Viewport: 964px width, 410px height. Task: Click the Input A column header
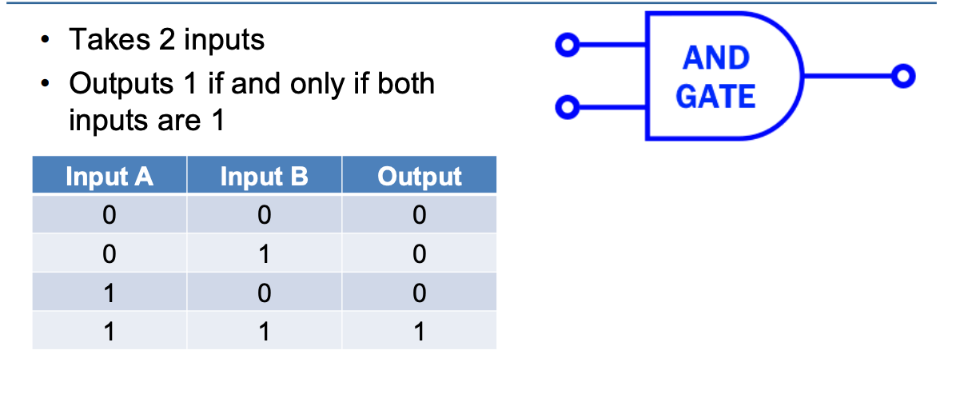tap(110, 176)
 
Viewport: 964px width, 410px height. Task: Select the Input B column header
tap(264, 176)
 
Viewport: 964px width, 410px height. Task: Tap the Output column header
tap(419, 176)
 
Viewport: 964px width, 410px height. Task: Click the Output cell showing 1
tap(419, 331)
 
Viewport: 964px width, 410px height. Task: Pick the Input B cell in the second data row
tap(264, 254)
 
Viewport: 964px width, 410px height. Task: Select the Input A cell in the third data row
tap(110, 293)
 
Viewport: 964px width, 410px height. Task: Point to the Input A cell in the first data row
tap(110, 215)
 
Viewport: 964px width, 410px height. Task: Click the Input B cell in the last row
tap(264, 331)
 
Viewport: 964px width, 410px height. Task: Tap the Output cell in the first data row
tap(419, 215)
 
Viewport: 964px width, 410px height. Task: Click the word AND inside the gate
tap(716, 58)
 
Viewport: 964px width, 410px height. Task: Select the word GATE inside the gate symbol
tap(715, 97)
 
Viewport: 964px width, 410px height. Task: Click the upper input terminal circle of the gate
tap(566, 46)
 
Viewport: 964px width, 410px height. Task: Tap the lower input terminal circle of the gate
tap(566, 106)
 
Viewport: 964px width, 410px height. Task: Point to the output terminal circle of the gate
tap(903, 76)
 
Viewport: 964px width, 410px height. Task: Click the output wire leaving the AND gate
tap(847, 76)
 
